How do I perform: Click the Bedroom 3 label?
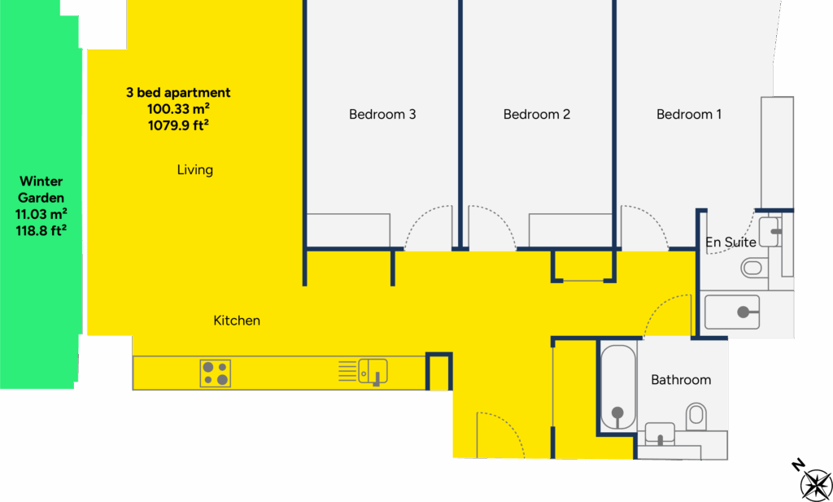coord(382,114)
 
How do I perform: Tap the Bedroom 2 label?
coord(537,114)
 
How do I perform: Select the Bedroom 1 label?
coord(688,114)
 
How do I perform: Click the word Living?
coord(195,170)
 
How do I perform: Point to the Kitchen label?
coord(237,321)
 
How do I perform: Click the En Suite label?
coord(731,242)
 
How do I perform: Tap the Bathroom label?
coord(681,380)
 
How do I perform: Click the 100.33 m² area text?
coord(178,109)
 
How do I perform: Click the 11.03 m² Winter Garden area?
coord(41,214)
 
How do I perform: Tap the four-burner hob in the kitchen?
coord(215,373)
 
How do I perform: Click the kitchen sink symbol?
coord(373,371)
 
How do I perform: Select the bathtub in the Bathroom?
coord(618,386)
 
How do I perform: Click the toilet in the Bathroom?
coord(696,416)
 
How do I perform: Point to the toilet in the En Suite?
coord(754,267)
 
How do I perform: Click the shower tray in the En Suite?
coord(732,312)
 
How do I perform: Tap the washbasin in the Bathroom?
coord(660,433)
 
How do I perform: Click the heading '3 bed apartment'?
coord(178,93)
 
